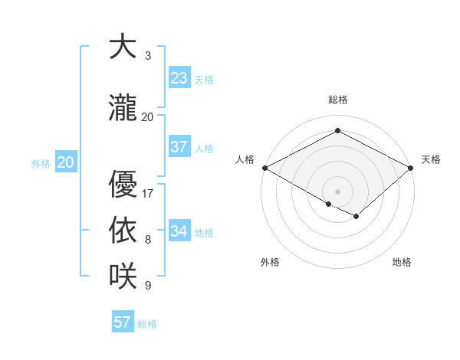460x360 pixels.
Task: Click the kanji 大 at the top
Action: pyautogui.click(x=122, y=47)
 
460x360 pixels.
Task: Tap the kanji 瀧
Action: pyautogui.click(x=122, y=108)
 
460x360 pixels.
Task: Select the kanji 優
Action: pyautogui.click(x=122, y=185)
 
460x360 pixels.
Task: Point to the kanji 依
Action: pyautogui.click(x=122, y=231)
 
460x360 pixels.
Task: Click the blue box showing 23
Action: pyautogui.click(x=179, y=78)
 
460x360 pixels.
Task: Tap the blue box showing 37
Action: pyautogui.click(x=179, y=147)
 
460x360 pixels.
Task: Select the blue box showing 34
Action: pyautogui.click(x=179, y=231)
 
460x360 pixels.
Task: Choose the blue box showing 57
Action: pyautogui.click(x=123, y=322)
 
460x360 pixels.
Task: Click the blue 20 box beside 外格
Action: pyautogui.click(x=66, y=162)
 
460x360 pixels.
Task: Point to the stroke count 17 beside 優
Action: pyautogui.click(x=148, y=194)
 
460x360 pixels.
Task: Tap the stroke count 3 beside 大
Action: pyautogui.click(x=148, y=56)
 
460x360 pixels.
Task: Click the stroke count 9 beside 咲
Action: pyautogui.click(x=148, y=286)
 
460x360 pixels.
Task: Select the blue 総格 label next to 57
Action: pyautogui.click(x=147, y=324)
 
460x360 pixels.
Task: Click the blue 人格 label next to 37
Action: pyautogui.click(x=204, y=149)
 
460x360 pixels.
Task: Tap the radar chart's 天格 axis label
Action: pyautogui.click(x=431, y=159)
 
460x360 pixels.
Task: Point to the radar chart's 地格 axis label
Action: pyautogui.click(x=402, y=262)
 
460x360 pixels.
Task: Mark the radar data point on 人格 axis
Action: pyautogui.click(x=264, y=167)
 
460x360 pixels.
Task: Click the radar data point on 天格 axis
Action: pyautogui.click(x=411, y=167)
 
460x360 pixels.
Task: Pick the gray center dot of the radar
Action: pyautogui.click(x=337, y=191)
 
